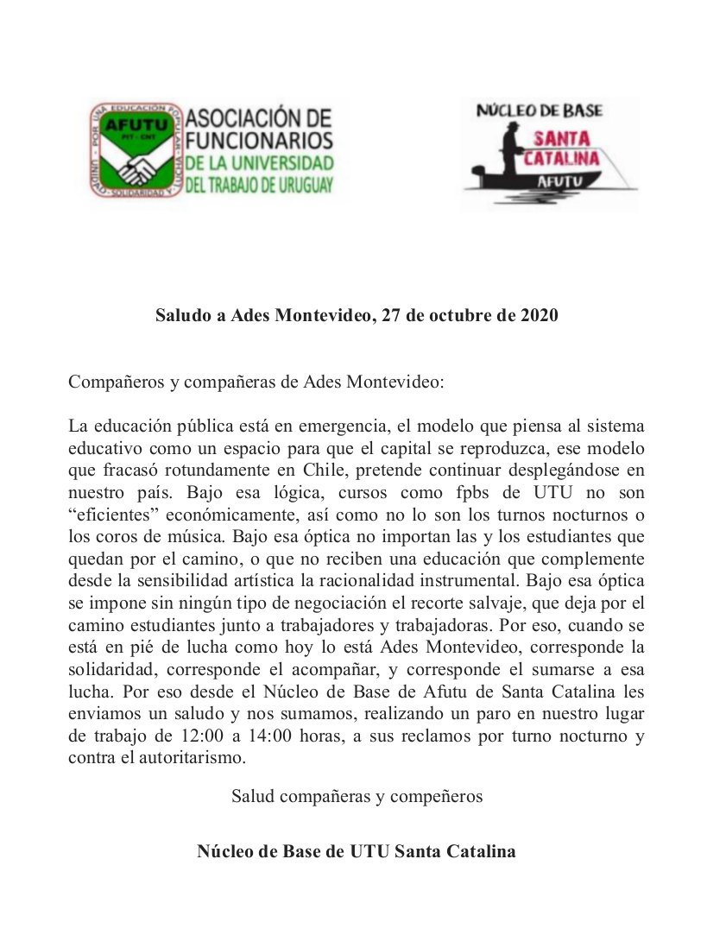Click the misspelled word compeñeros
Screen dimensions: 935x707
(x=437, y=796)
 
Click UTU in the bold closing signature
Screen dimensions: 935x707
(x=369, y=851)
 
